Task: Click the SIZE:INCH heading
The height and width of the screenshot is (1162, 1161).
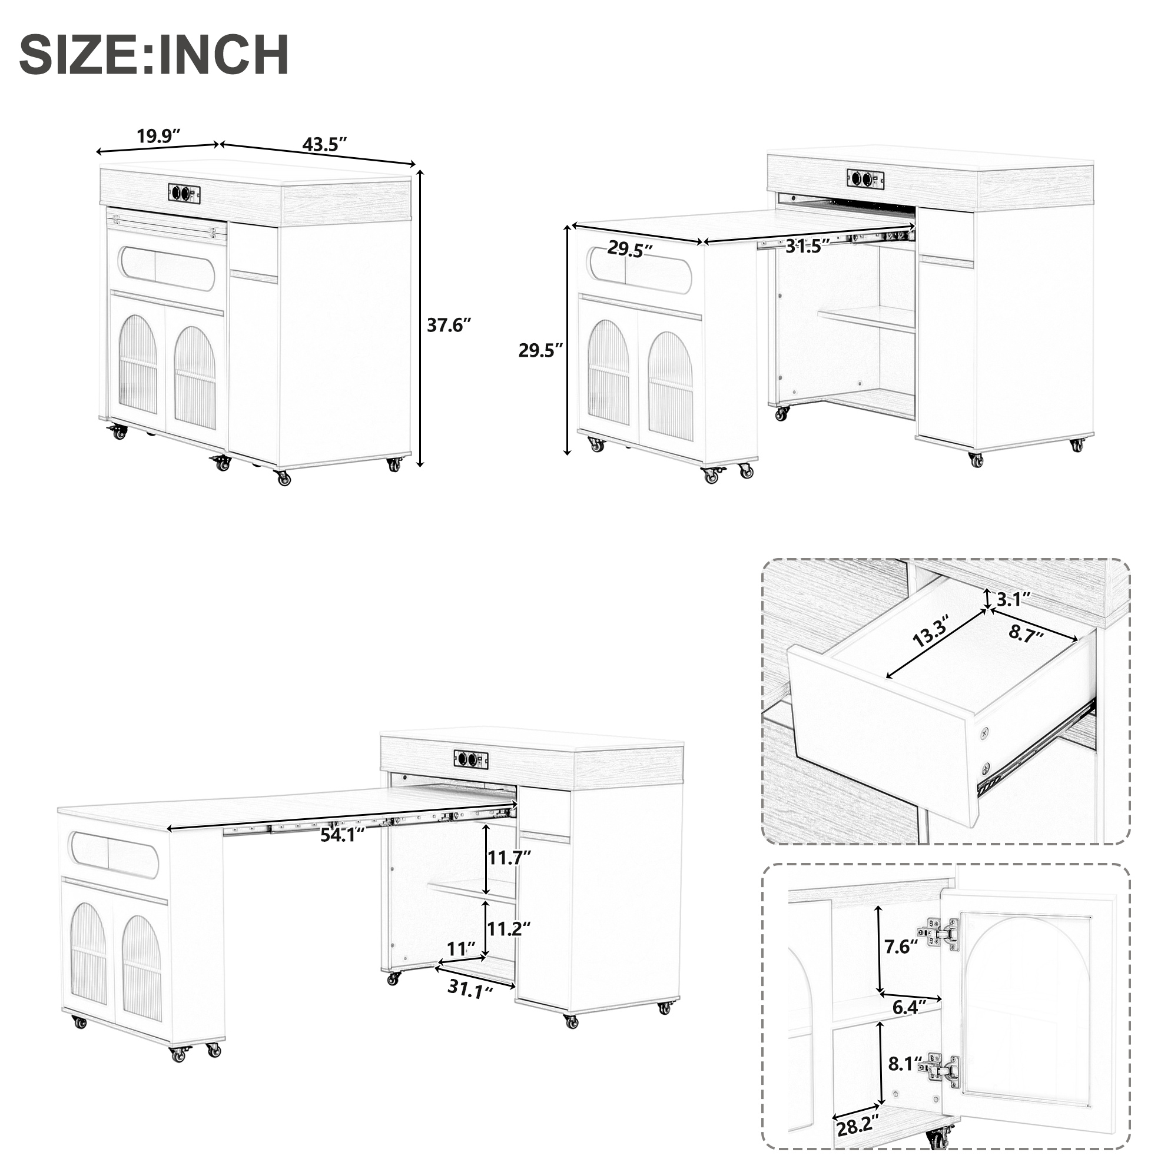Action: [x=154, y=55]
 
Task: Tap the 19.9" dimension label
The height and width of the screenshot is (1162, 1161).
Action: [x=159, y=136]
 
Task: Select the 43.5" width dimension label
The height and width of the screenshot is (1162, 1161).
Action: [x=325, y=144]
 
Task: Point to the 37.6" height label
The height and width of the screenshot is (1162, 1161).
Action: [x=449, y=326]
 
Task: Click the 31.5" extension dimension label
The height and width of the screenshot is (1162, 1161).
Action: [x=808, y=246]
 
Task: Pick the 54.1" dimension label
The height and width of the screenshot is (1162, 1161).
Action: [x=343, y=835]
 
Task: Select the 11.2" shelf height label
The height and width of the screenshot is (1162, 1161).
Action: [x=508, y=929]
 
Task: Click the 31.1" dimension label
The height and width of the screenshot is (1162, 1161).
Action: [x=470, y=989]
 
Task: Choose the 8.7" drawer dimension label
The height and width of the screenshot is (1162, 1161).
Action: [x=1026, y=633]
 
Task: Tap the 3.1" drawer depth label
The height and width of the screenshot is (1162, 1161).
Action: [x=1014, y=599]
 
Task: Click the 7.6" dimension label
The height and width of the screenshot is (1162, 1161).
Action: [x=901, y=947]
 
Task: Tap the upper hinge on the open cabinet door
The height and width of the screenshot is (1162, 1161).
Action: [x=940, y=934]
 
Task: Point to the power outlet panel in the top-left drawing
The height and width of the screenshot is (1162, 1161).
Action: [x=184, y=193]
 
